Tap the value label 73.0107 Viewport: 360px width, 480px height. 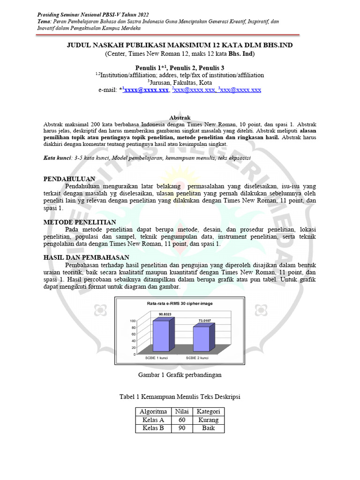pyautogui.click(x=205, y=321)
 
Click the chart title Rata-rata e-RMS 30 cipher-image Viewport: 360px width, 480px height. pyautogui.click(x=180, y=303)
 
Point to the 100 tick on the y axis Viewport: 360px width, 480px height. pyautogui.click(x=133, y=321)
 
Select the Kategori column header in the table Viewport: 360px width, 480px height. pyautogui.click(x=209, y=412)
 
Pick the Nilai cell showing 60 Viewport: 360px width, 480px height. pyautogui.click(x=182, y=420)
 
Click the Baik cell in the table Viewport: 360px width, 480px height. pyautogui.click(x=209, y=428)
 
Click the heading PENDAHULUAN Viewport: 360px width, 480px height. pyautogui.click(x=69, y=179)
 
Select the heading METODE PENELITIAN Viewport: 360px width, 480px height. pyautogui.click(x=80, y=222)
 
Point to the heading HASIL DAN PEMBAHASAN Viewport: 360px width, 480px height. pyautogui.click(x=86, y=257)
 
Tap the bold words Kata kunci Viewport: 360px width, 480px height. pyautogui.click(x=56, y=158)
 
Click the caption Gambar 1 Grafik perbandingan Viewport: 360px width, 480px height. pyautogui.click(x=180, y=375)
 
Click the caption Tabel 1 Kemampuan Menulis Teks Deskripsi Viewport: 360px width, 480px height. pyautogui.click(x=180, y=397)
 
